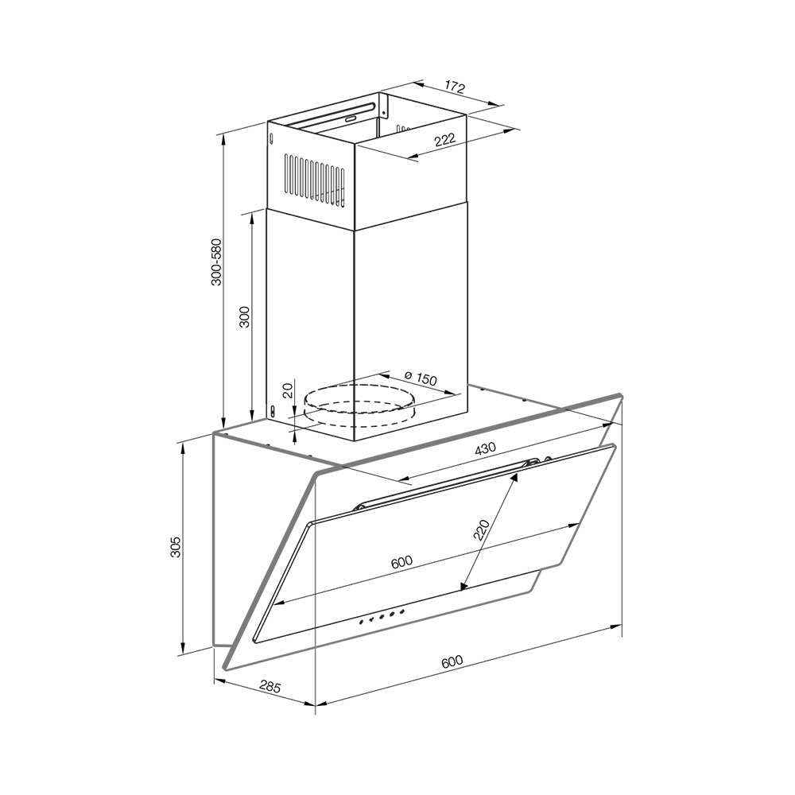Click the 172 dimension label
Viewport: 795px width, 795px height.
click(x=455, y=87)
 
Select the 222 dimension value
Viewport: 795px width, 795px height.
click(x=444, y=139)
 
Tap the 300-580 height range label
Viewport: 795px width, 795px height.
click(x=216, y=262)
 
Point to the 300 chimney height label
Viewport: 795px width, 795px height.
click(x=245, y=317)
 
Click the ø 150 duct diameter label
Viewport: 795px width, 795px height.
click(x=421, y=378)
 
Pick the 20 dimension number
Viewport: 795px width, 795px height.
click(x=288, y=390)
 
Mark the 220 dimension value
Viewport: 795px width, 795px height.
click(x=481, y=530)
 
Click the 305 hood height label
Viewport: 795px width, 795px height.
click(x=175, y=547)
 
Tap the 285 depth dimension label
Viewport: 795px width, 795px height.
click(x=270, y=687)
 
